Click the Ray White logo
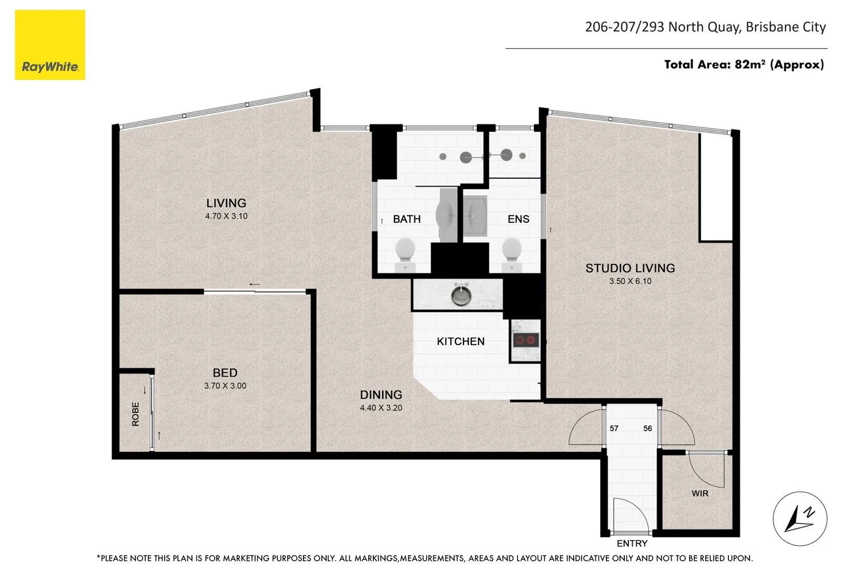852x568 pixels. (x=50, y=45)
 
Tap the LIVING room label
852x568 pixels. (x=226, y=203)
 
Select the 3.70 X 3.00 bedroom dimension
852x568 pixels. (x=225, y=386)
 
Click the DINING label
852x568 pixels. (x=381, y=394)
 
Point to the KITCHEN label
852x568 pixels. (x=461, y=341)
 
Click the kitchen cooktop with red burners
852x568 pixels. (x=525, y=340)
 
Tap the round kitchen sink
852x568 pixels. (x=461, y=296)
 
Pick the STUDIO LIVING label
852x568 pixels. (x=630, y=268)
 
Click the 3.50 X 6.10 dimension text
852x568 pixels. (x=630, y=281)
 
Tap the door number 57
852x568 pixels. (x=614, y=428)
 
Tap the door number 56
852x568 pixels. (x=647, y=428)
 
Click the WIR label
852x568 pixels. (x=699, y=493)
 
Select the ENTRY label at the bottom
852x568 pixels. (x=632, y=543)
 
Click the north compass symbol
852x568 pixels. (x=800, y=519)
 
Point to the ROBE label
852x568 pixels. (x=136, y=414)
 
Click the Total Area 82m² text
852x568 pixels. (x=744, y=65)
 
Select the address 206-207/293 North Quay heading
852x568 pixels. (x=705, y=27)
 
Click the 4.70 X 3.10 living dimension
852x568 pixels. (x=226, y=216)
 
